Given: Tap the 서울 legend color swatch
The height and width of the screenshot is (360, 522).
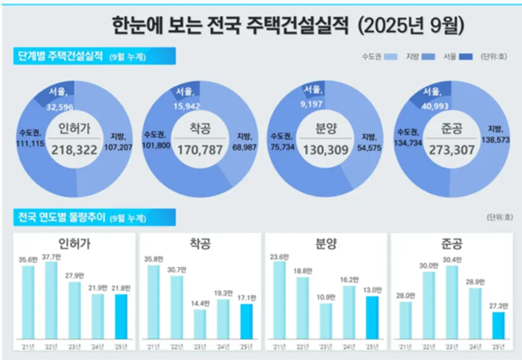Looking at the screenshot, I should coord(466,57).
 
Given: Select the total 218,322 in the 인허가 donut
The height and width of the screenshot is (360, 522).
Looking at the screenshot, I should coord(77,150).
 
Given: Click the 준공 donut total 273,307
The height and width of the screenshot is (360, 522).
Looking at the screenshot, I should coord(452,150).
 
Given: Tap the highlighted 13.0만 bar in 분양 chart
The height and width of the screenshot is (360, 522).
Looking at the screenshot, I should coord(372,317).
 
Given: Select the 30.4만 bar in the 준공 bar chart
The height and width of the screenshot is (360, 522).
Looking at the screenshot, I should coord(452,302).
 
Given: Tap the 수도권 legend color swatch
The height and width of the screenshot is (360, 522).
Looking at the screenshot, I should coord(390,57).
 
